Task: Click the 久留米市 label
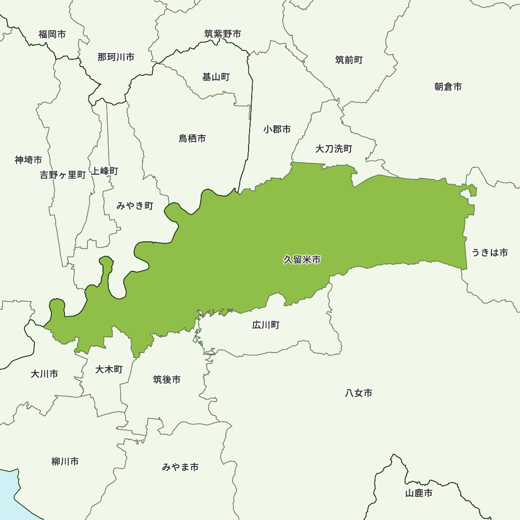[x=302, y=259]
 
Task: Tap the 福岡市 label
[x=52, y=34]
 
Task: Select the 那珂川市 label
[x=116, y=57]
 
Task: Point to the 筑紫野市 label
[x=223, y=34]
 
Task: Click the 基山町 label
[x=216, y=77]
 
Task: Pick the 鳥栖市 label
[x=192, y=138]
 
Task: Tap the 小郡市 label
[x=277, y=129]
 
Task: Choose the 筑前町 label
[x=349, y=60]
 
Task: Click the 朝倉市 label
[x=448, y=86]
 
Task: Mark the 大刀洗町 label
[x=334, y=149]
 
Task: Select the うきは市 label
[x=490, y=253]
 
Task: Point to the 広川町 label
[x=266, y=325]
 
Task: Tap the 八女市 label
[x=359, y=393]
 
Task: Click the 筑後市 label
[x=167, y=380]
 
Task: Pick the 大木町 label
[x=109, y=369]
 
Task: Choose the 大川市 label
[x=44, y=373]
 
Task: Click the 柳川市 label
[x=65, y=461]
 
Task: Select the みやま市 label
[x=180, y=467]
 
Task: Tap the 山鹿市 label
[x=419, y=493]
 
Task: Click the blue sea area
[x=7, y=494]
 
